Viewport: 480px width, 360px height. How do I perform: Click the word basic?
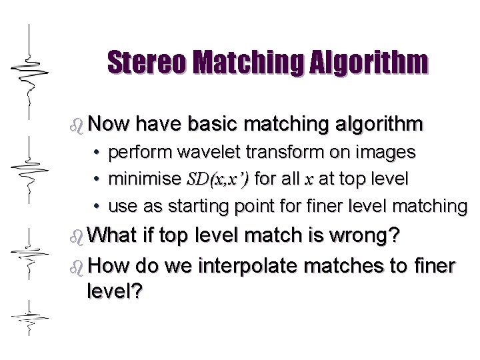pyautogui.click(x=220, y=124)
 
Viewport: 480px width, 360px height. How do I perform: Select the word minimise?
pyautogui.click(x=144, y=179)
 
